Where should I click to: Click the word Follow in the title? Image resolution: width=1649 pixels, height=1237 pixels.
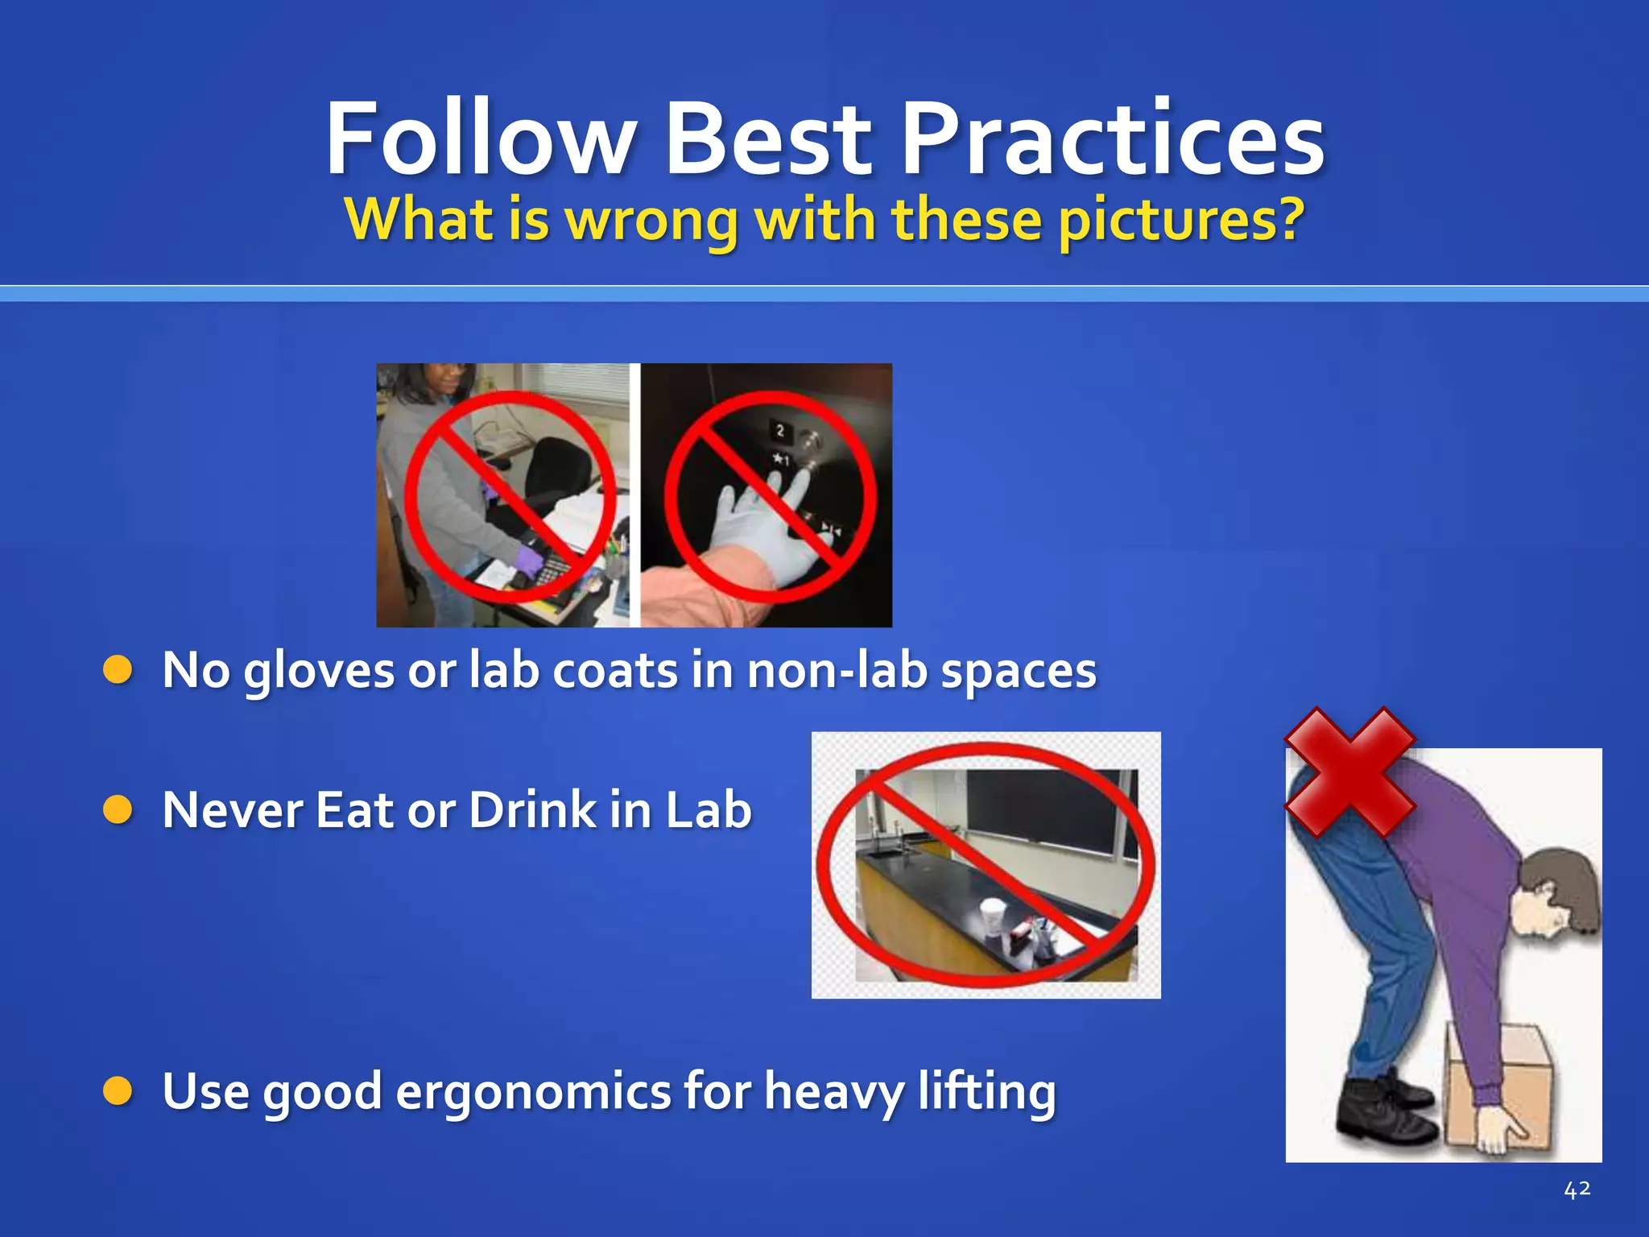point(481,139)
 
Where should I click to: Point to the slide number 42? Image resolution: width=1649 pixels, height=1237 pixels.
point(1577,1189)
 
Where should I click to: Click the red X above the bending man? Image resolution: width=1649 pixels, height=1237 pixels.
point(1349,772)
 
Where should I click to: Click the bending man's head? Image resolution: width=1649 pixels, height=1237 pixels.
point(1558,894)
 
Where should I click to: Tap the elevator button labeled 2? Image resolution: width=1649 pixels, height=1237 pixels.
point(779,431)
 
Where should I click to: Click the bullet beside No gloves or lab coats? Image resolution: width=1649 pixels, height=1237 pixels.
point(118,670)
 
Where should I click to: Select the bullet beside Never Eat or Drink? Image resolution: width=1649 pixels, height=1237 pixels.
point(118,809)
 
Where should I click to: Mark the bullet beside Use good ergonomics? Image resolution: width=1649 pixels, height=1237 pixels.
point(118,1091)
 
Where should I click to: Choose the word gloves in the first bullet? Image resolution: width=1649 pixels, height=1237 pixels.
point(319,670)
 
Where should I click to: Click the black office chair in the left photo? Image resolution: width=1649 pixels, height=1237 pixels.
point(556,475)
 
